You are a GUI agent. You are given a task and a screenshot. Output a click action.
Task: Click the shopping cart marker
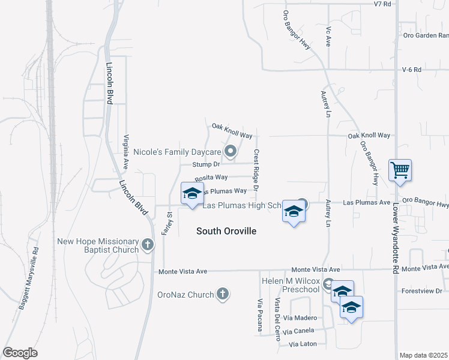point(399,170)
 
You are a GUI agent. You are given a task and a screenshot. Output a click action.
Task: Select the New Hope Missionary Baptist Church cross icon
point(148,245)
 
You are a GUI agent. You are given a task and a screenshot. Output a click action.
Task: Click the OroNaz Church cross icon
point(223,294)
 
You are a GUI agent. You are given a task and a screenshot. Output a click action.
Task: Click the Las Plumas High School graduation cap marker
point(294,212)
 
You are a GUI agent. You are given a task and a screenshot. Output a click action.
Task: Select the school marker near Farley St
point(192,194)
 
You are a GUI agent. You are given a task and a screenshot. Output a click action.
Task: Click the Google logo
point(20,353)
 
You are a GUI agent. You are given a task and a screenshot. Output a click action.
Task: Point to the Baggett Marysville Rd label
point(28,278)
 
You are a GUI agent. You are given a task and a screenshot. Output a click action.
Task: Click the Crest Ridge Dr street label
point(256,170)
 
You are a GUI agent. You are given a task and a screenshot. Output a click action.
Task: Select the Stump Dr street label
point(207,164)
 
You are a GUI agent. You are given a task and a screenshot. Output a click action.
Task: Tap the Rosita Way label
point(211,178)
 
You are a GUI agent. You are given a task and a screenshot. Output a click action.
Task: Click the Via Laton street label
point(302,344)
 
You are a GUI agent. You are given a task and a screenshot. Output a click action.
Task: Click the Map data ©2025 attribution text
point(423,355)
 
